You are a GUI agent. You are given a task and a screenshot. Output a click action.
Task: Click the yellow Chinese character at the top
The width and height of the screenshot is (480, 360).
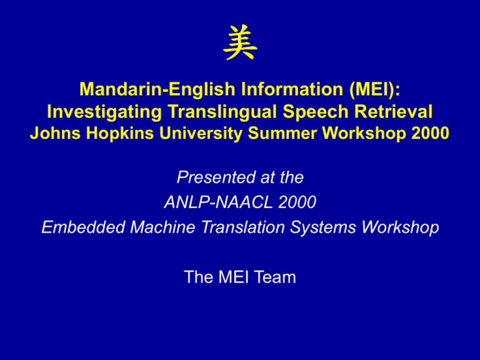pos(240,42)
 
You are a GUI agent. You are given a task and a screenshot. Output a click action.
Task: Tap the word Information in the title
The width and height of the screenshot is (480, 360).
pos(292,89)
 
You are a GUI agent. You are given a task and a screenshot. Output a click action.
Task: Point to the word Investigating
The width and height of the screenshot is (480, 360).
pos(104,112)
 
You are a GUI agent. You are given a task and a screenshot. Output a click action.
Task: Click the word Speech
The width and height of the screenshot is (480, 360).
pos(316,112)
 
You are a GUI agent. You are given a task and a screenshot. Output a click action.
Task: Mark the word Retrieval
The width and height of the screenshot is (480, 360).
pos(393,111)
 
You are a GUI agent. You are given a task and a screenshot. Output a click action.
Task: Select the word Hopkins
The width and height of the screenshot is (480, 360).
pos(120,133)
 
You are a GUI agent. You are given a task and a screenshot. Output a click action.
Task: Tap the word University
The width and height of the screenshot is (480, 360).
pos(201,134)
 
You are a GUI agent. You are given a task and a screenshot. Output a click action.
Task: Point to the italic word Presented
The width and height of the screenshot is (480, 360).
pos(216,177)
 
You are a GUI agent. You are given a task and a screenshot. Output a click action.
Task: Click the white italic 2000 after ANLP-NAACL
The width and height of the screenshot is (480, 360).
pos(297,202)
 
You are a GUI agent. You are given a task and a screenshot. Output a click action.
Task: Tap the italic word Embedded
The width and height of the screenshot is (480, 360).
pos(83,227)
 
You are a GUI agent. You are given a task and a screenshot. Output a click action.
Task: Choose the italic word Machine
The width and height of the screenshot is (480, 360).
pos(162,227)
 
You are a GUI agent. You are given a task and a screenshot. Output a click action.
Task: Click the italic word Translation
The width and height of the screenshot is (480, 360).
pos(242,227)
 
